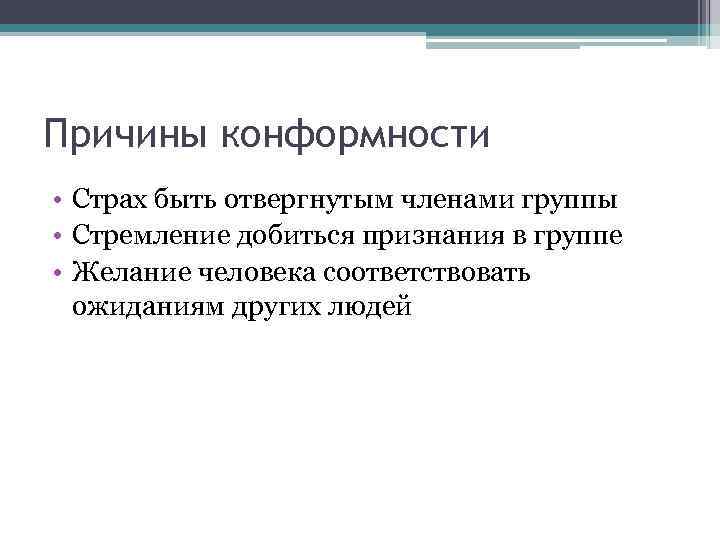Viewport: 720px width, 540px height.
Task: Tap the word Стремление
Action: (x=146, y=236)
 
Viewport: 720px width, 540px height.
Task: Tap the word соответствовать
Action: (x=433, y=272)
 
